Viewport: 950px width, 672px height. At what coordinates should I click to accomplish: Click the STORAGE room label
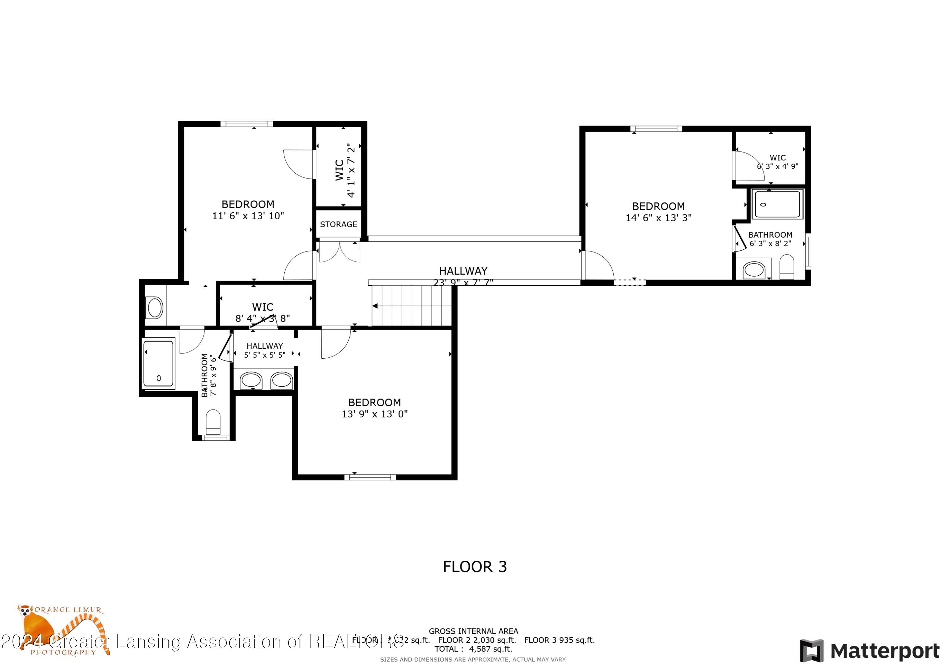[x=338, y=224]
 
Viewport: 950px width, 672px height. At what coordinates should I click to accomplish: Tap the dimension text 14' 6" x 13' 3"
[x=658, y=218]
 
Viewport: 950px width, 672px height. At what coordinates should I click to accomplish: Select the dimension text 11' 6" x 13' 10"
[x=248, y=216]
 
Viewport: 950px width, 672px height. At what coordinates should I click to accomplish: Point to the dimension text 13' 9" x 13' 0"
[x=374, y=414]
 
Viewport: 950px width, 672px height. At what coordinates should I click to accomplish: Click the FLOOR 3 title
[x=475, y=566]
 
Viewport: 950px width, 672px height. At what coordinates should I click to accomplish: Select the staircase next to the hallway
[x=411, y=306]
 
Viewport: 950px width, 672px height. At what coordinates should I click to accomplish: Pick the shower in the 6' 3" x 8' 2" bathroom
[x=777, y=204]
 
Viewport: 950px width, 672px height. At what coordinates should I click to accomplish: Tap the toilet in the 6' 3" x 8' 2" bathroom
[x=786, y=267]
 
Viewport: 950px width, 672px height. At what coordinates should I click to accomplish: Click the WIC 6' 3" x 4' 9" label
[x=777, y=162]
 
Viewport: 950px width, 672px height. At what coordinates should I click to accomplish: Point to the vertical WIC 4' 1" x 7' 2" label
[x=345, y=170]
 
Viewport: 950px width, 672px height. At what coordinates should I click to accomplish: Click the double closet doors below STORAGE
[x=339, y=251]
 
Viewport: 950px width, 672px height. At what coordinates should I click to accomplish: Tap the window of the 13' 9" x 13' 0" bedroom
[x=370, y=477]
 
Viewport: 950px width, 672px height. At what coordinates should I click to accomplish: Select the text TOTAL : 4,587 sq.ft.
[x=473, y=649]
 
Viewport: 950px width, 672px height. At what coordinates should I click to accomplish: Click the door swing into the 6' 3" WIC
[x=748, y=166]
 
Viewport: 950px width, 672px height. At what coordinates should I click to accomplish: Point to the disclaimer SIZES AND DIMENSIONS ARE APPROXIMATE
[x=473, y=659]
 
